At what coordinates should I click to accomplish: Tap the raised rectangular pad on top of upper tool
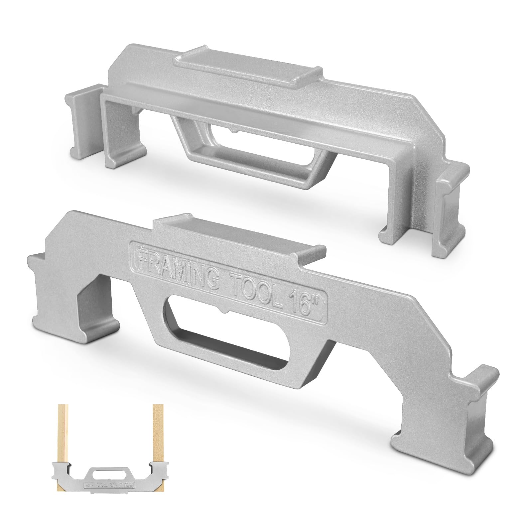pos(248,66)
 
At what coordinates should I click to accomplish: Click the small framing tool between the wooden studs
pos(110,479)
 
